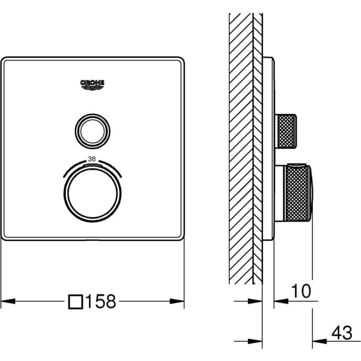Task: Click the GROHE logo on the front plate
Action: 92,85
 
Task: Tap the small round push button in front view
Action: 92,131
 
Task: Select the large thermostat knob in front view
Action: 92,194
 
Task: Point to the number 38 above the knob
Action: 92,159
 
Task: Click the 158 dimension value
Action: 101,302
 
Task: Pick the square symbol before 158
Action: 76,302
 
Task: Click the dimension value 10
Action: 301,291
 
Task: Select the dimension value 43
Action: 342,333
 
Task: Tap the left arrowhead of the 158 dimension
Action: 8,301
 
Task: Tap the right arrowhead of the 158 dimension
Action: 177,301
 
